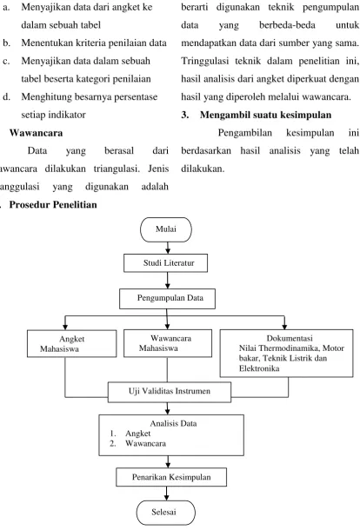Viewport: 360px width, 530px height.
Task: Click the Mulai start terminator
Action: [x=166, y=229]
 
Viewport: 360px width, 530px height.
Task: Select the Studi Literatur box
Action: [x=165, y=263]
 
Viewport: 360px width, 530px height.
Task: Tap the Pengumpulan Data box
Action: [x=167, y=299]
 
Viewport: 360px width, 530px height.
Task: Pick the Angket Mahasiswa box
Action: [x=71, y=343]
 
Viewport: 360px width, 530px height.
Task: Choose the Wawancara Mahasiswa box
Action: [x=168, y=343]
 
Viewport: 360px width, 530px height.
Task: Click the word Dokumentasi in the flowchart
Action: [x=290, y=338]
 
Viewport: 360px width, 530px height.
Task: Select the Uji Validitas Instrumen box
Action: [x=170, y=392]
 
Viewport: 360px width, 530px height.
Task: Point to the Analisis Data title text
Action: [x=173, y=423]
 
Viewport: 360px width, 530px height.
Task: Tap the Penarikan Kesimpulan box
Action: [x=171, y=477]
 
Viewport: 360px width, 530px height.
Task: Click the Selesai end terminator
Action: [x=166, y=513]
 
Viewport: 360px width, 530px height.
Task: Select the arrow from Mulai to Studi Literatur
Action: [x=168, y=248]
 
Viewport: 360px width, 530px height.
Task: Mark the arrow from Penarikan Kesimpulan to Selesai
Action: [x=166, y=494]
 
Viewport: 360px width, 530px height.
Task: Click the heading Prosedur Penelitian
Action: [x=53, y=204]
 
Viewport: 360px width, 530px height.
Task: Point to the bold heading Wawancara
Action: [x=36, y=132]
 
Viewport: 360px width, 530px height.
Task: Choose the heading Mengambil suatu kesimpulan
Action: [x=265, y=115]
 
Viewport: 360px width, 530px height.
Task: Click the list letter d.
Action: [x=6, y=96]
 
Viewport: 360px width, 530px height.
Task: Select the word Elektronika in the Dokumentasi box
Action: [x=259, y=368]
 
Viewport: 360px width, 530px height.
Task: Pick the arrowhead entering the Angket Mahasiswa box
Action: [x=65, y=327]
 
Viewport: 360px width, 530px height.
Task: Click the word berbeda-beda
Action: [x=287, y=25]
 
